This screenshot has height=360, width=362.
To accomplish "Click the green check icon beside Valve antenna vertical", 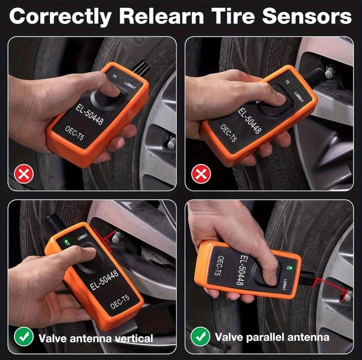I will click(24, 337).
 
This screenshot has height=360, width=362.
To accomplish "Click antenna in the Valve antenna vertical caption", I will click(91, 338).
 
